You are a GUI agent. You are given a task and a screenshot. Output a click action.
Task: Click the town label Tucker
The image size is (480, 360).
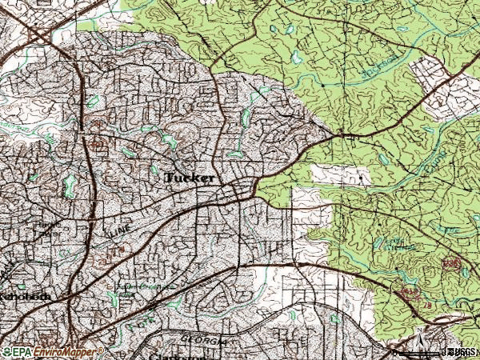190,178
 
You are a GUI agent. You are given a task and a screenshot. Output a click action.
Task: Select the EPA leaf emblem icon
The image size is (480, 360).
6,352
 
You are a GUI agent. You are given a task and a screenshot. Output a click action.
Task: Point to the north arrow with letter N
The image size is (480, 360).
418,334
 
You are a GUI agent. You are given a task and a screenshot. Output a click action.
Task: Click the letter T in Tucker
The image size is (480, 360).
170,178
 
